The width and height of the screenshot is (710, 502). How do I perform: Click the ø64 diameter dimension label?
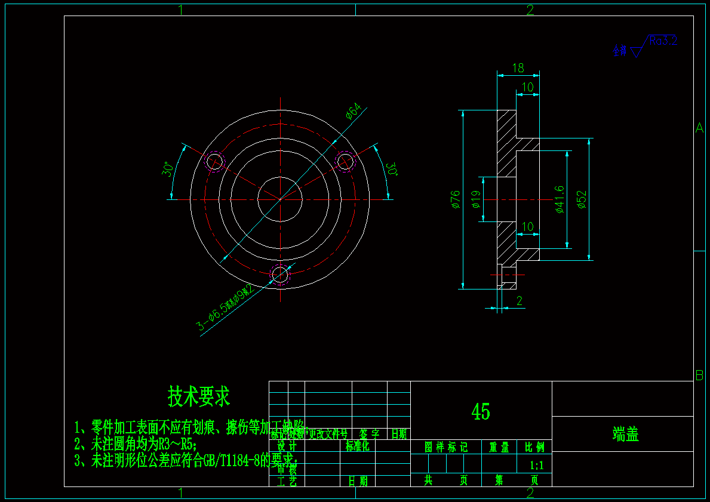pyautogui.click(x=354, y=112)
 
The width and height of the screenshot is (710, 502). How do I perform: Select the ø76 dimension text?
pyautogui.click(x=456, y=199)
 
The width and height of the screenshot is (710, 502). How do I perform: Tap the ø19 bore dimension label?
pyautogui.click(x=476, y=199)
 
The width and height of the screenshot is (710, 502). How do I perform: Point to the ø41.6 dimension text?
pyautogui.click(x=560, y=199)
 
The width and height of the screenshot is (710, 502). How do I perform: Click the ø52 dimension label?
pyautogui.click(x=582, y=199)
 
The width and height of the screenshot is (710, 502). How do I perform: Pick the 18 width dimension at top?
pyautogui.click(x=518, y=68)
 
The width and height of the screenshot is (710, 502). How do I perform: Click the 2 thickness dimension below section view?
pyautogui.click(x=519, y=301)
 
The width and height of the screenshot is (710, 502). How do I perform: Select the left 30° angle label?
pyautogui.click(x=168, y=170)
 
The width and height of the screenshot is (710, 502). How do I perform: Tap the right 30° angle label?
pyautogui.click(x=392, y=169)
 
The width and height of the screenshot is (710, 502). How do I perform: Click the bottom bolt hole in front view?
pyautogui.click(x=280, y=275)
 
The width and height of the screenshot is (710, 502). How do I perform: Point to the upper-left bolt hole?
pyautogui.click(x=214, y=161)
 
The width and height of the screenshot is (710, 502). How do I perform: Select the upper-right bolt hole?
pyautogui.click(x=346, y=161)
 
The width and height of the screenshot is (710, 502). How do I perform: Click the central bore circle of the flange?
pyautogui.click(x=280, y=199)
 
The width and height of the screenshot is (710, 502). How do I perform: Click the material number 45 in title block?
pyautogui.click(x=481, y=411)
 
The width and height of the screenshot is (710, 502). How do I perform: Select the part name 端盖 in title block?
pyautogui.click(x=625, y=434)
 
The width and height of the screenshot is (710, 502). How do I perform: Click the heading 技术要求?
pyautogui.click(x=199, y=395)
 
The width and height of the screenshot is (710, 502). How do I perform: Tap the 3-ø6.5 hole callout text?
pyautogui.click(x=227, y=308)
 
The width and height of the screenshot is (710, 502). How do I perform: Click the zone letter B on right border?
pyautogui.click(x=699, y=375)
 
